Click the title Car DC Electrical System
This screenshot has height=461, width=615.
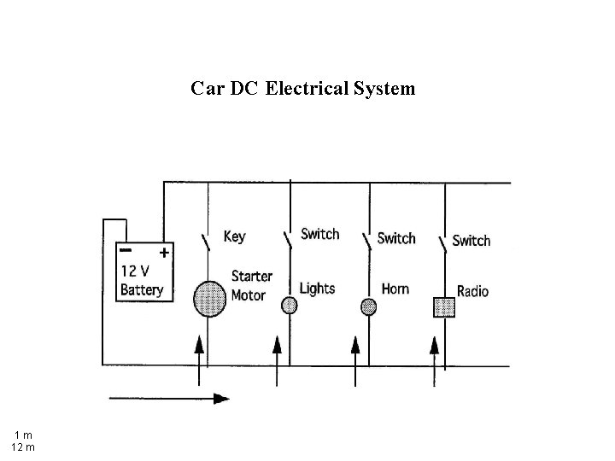[303, 88]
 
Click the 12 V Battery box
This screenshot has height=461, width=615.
[144, 271]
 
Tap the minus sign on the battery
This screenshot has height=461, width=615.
[126, 250]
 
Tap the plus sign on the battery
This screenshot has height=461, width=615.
[164, 253]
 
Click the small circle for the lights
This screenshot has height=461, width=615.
[290, 305]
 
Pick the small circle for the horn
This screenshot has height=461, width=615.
[368, 306]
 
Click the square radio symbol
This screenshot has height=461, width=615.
[444, 307]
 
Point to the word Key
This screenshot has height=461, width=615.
[234, 236]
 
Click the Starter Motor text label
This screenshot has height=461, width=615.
[252, 286]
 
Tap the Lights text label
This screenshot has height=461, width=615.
[317, 289]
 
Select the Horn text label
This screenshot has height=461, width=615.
[395, 289]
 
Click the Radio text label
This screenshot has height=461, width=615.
[472, 291]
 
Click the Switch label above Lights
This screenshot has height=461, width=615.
[319, 234]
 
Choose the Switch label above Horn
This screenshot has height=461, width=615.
[396, 237]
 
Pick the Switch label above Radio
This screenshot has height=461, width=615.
[471, 240]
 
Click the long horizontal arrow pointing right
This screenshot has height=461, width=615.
[168, 398]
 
